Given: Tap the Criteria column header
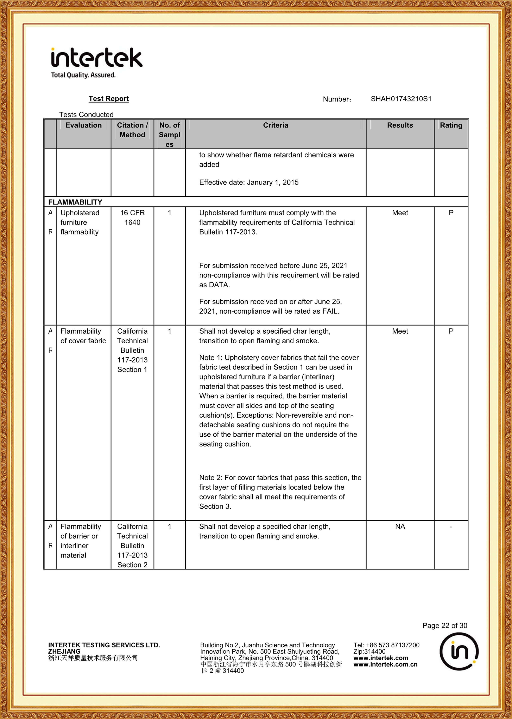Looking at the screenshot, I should click(x=275, y=125).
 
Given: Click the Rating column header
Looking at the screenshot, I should click(x=451, y=125).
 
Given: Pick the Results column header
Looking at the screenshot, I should click(x=400, y=125).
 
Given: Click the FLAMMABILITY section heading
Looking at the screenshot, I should click(x=75, y=202).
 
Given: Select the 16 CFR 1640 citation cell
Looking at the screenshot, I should click(x=132, y=218).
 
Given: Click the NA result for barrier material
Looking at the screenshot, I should click(x=400, y=526).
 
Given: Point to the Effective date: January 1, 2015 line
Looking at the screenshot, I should click(x=249, y=182).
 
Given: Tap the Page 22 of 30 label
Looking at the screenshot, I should click(x=444, y=626).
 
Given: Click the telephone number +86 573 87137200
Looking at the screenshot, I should click(x=392, y=645).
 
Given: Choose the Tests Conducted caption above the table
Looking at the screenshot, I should click(x=86, y=115).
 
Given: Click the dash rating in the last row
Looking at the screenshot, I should click(x=451, y=526).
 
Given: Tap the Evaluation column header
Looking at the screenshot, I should click(x=84, y=125).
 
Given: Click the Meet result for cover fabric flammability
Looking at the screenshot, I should click(x=400, y=331).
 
